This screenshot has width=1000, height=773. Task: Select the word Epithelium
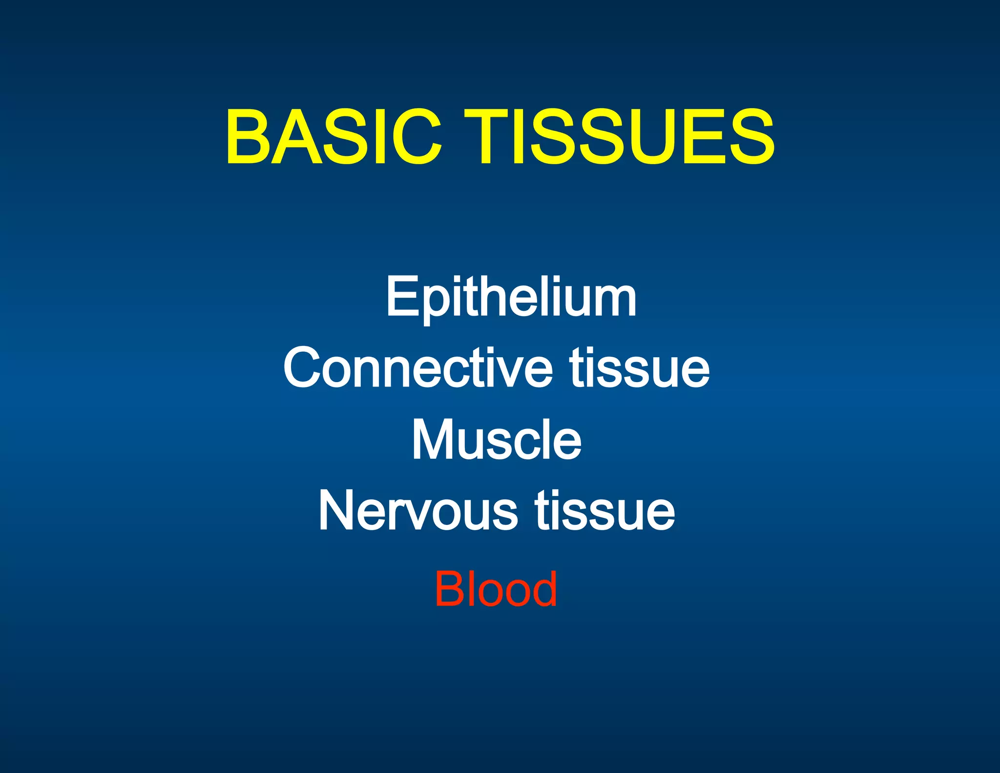point(511,297)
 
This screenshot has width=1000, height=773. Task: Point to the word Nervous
point(418,511)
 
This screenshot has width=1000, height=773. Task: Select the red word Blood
point(496,589)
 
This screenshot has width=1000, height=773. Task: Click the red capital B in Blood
point(449,589)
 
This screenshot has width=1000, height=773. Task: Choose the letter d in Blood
point(542,589)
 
